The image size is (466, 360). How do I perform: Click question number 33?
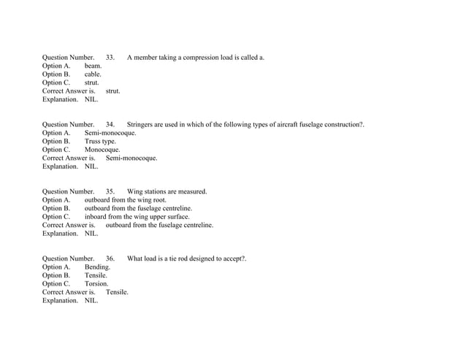tap(110, 57)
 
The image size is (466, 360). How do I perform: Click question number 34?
tap(110, 125)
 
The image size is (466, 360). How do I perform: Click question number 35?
tap(110, 192)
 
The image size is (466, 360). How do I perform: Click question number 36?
tap(110, 258)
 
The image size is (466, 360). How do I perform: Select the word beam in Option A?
tap(93, 66)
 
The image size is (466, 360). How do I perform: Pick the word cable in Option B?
tap(93, 74)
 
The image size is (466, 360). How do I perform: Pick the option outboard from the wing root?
tap(126, 200)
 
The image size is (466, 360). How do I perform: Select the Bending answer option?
tap(97, 267)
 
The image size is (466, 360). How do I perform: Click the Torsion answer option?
tap(96, 284)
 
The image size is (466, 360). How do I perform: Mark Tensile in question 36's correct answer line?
tap(117, 292)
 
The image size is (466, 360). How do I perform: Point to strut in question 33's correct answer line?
tap(112, 91)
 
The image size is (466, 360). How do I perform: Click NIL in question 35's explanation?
tap(91, 234)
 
